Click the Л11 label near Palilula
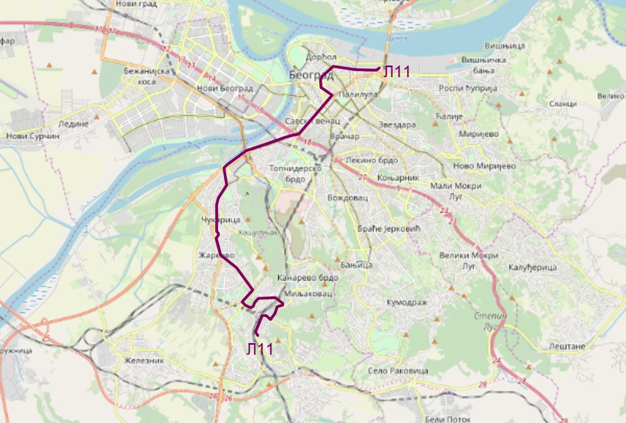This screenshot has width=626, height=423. tap(396, 71)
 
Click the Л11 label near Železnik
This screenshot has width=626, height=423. tap(260, 349)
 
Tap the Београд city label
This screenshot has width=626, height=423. tap(311, 75)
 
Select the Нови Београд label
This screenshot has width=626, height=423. tap(225, 89)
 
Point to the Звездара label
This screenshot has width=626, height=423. tap(396, 125)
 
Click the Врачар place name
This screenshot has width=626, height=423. tap(344, 137)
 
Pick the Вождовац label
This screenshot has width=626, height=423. tap(344, 198)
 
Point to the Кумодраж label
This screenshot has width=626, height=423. tap(410, 302)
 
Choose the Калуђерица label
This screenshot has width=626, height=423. tap(532, 268)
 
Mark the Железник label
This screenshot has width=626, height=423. tap(144, 360)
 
